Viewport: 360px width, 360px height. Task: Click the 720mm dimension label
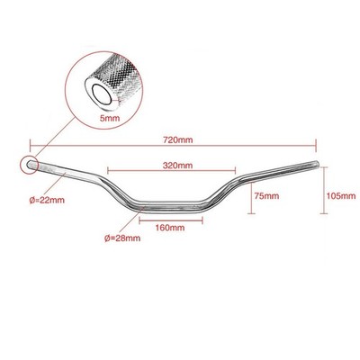point(178,139)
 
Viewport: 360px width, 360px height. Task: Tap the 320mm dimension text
point(177,166)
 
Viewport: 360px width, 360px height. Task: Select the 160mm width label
point(170,228)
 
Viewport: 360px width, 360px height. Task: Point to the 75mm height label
point(266,196)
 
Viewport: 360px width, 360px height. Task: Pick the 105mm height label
point(341,196)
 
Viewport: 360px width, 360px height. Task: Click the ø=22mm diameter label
point(47,200)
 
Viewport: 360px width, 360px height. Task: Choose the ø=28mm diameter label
point(122,238)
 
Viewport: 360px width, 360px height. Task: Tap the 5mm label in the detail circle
point(110,118)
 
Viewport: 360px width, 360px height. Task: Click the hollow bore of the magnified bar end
point(102,94)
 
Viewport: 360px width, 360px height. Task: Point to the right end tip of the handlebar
point(318,164)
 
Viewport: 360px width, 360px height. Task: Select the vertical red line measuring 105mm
point(323,191)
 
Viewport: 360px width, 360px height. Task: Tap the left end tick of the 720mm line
point(30,146)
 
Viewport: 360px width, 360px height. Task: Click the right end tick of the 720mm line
point(316,146)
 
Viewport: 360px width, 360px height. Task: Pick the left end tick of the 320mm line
point(108,171)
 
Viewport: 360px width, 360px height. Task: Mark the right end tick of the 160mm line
point(202,221)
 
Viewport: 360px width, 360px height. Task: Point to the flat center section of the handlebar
point(171,206)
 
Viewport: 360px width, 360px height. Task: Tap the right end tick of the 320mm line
point(235,171)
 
